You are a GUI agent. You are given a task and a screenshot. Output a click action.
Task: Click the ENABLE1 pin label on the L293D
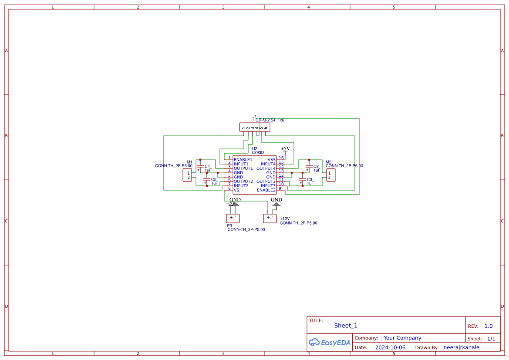click(x=243, y=160)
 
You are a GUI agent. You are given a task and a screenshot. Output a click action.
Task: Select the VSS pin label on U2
click(x=271, y=160)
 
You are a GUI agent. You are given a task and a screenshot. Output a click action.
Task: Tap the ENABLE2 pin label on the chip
click(x=266, y=190)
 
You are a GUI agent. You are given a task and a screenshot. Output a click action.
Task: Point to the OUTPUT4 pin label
click(x=266, y=168)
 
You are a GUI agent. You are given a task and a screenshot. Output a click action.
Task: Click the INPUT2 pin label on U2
click(x=241, y=186)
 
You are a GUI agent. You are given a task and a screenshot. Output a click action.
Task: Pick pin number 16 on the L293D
click(x=281, y=158)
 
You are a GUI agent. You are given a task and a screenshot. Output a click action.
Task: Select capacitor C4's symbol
click(x=200, y=166)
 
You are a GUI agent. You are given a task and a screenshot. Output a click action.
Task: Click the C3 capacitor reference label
click(x=310, y=179)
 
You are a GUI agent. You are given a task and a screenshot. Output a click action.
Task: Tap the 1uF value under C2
click(x=317, y=171)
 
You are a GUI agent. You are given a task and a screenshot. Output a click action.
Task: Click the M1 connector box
click(x=188, y=175)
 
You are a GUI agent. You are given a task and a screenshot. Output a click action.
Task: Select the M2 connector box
click(x=330, y=175)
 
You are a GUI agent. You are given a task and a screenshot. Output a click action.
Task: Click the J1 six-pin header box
click(x=255, y=128)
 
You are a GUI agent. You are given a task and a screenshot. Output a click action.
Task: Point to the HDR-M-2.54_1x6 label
click(x=268, y=120)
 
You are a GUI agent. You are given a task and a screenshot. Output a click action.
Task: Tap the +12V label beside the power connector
click(x=285, y=219)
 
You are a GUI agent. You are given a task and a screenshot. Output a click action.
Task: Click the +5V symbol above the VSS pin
click(x=285, y=149)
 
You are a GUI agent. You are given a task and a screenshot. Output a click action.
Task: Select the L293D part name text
click(x=258, y=153)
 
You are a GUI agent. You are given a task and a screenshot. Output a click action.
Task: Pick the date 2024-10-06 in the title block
click(x=390, y=347)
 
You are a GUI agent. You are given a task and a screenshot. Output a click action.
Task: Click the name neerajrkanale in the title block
click(x=461, y=347)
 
